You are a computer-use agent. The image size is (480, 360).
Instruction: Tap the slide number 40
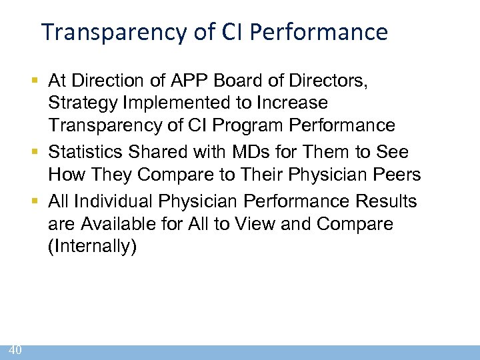click(16, 349)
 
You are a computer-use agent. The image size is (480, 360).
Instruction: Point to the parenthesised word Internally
click(92, 246)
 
